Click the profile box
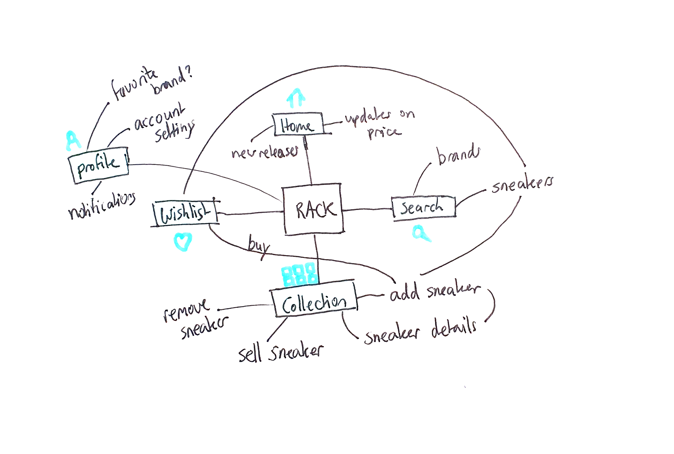coord(98,165)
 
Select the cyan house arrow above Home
coord(296,98)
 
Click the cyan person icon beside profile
coord(73,141)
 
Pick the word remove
coord(186,310)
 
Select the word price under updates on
coord(384,133)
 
